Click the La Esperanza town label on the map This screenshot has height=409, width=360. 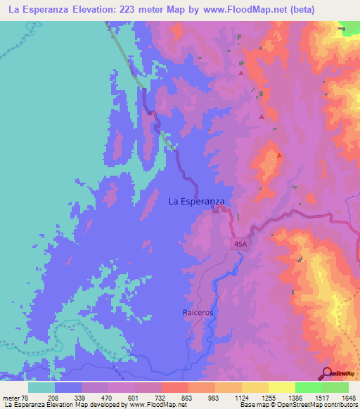click(196, 201)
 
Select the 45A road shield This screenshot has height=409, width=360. click(240, 243)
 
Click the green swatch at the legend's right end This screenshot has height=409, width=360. click(335, 387)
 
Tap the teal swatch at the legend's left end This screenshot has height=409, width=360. click(41, 387)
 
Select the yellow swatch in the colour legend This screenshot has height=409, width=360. click(282, 387)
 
